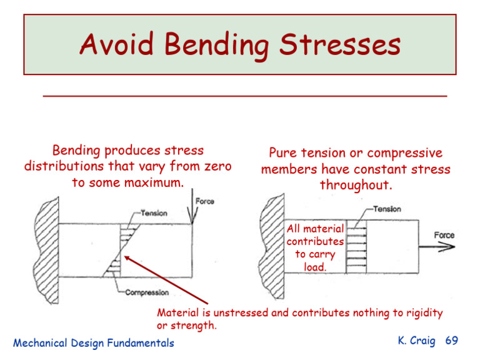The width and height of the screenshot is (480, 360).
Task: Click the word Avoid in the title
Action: pyautogui.click(x=119, y=46)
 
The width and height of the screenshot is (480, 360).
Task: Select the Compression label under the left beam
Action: pyautogui.click(x=147, y=292)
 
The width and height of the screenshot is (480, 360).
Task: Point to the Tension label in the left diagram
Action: pyautogui.click(x=154, y=213)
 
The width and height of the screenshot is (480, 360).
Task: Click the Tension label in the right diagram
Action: pyautogui.click(x=387, y=209)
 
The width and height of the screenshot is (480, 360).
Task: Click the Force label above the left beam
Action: pyautogui.click(x=204, y=201)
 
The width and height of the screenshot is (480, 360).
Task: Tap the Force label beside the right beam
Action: pyautogui.click(x=444, y=235)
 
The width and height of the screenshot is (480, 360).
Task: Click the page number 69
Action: pyautogui.click(x=451, y=341)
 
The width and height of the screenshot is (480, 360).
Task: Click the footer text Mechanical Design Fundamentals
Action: pyautogui.click(x=94, y=342)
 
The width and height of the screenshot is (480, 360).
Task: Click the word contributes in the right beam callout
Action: pyautogui.click(x=315, y=241)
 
